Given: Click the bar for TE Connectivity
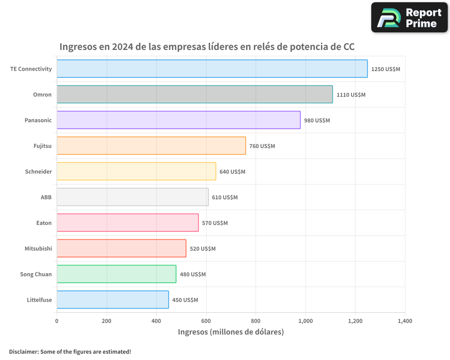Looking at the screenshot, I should [212, 69].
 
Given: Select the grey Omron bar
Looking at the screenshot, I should [194, 94].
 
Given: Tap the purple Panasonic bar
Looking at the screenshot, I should [178, 120].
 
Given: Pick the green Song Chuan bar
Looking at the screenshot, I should [116, 274].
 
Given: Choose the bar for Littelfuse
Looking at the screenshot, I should [112, 300].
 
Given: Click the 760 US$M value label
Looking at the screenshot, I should [262, 146].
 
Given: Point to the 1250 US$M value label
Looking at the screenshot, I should [386, 69].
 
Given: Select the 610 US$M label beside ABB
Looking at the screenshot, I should [225, 198].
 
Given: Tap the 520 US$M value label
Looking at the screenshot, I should [202, 249].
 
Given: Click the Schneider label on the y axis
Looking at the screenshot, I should [38, 171].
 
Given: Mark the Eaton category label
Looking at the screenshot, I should [44, 223].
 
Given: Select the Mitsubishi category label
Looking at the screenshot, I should [38, 248].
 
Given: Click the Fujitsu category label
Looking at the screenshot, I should [42, 146].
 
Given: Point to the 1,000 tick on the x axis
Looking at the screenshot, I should [306, 321].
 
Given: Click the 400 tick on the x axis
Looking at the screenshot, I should [156, 321].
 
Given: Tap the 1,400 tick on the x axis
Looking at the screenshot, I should [405, 321].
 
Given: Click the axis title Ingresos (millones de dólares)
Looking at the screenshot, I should [231, 332].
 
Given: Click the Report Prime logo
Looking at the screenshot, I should [409, 18].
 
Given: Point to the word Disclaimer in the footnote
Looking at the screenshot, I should [23, 351].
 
